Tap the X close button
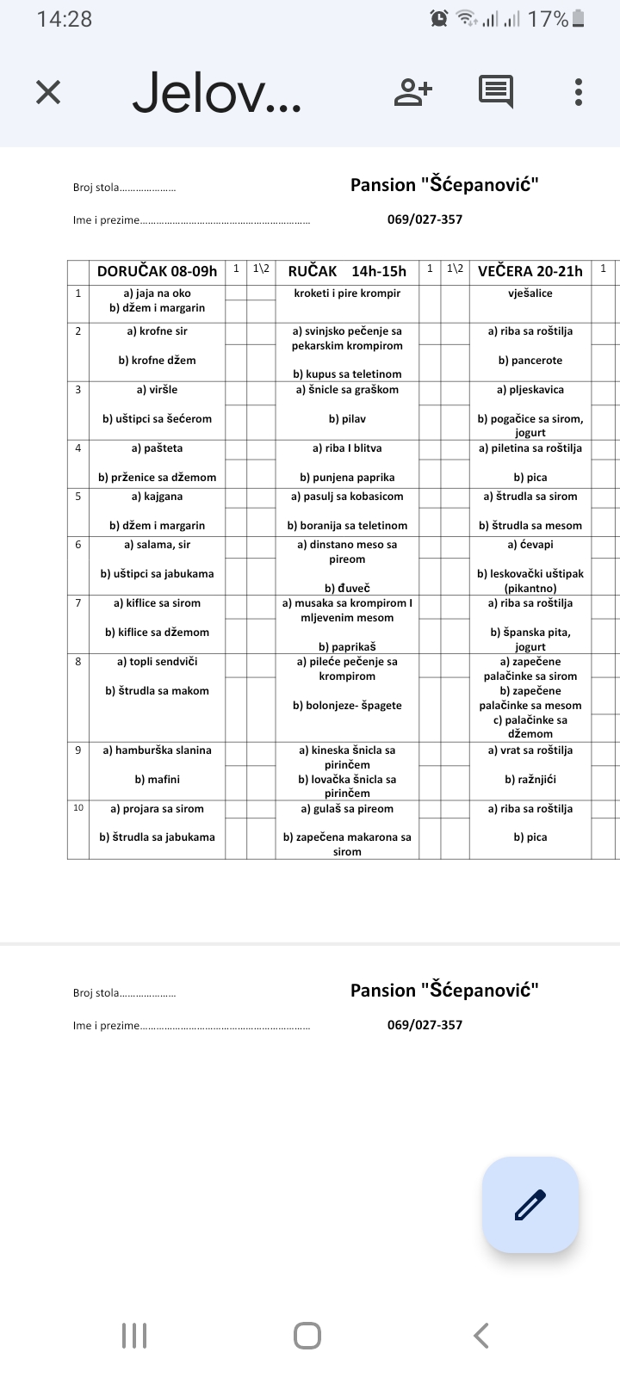48,92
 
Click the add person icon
413,91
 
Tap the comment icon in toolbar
496,91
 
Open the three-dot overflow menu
579,92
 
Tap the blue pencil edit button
530,1204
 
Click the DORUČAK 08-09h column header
157,271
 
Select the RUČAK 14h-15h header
347,271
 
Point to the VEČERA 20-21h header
530,271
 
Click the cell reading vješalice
530,293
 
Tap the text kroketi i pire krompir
347,293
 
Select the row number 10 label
78,808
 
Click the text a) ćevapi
530,545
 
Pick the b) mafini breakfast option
158,780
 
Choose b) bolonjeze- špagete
347,706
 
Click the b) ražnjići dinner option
530,780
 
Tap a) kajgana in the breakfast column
158,497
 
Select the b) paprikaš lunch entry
347,647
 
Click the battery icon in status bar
579,19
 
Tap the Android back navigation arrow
481,1336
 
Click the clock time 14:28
65,19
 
